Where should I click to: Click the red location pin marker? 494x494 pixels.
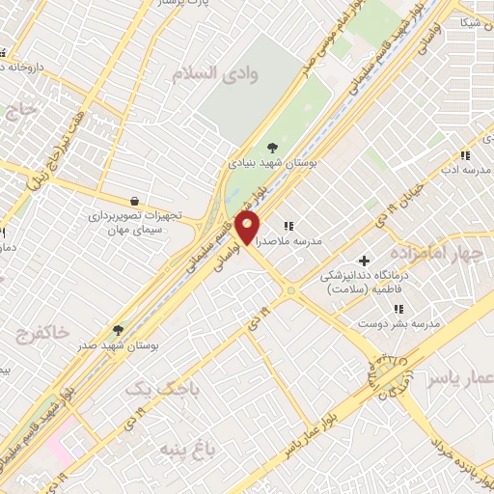pyautogui.click(x=248, y=229)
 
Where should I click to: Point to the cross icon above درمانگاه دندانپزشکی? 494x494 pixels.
pyautogui.click(x=364, y=260)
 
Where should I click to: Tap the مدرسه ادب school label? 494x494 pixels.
pyautogui.click(x=465, y=170)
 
